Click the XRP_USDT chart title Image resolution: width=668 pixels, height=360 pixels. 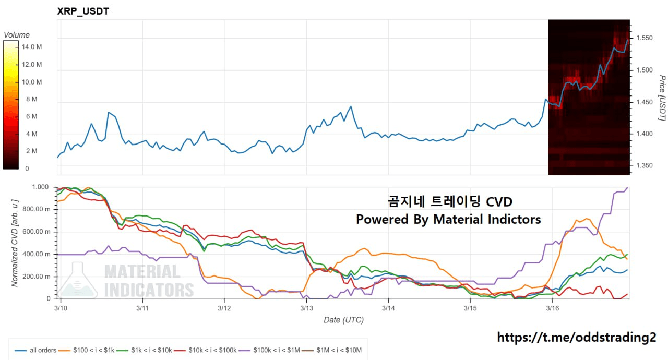(83, 11)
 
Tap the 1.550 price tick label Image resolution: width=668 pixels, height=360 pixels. (646, 38)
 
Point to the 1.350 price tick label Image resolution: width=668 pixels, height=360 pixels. (646, 166)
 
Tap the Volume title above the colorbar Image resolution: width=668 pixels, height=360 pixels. (17, 35)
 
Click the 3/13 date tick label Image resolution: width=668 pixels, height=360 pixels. (306, 308)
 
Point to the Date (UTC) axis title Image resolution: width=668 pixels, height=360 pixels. (343, 320)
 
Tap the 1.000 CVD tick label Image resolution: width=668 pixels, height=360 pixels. (40, 187)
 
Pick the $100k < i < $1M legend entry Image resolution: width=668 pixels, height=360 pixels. (277, 350)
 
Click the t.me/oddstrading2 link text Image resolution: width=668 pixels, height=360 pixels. (576, 338)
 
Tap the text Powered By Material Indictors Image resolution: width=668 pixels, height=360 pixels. (448, 220)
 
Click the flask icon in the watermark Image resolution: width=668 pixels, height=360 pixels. (77, 281)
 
